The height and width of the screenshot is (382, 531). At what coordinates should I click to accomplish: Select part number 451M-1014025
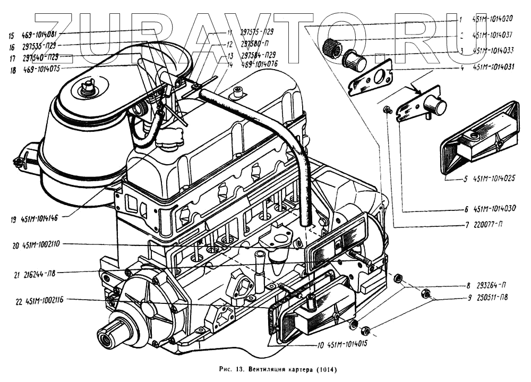tap(493, 179)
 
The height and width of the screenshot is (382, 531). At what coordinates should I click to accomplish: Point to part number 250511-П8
tap(492, 298)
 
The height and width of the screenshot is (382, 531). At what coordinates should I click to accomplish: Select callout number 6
tap(465, 208)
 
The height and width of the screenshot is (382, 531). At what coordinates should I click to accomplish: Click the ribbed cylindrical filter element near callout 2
tap(333, 50)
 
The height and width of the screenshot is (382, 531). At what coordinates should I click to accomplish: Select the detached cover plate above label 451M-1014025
tap(479, 138)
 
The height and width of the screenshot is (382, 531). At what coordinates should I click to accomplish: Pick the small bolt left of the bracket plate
tap(388, 110)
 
